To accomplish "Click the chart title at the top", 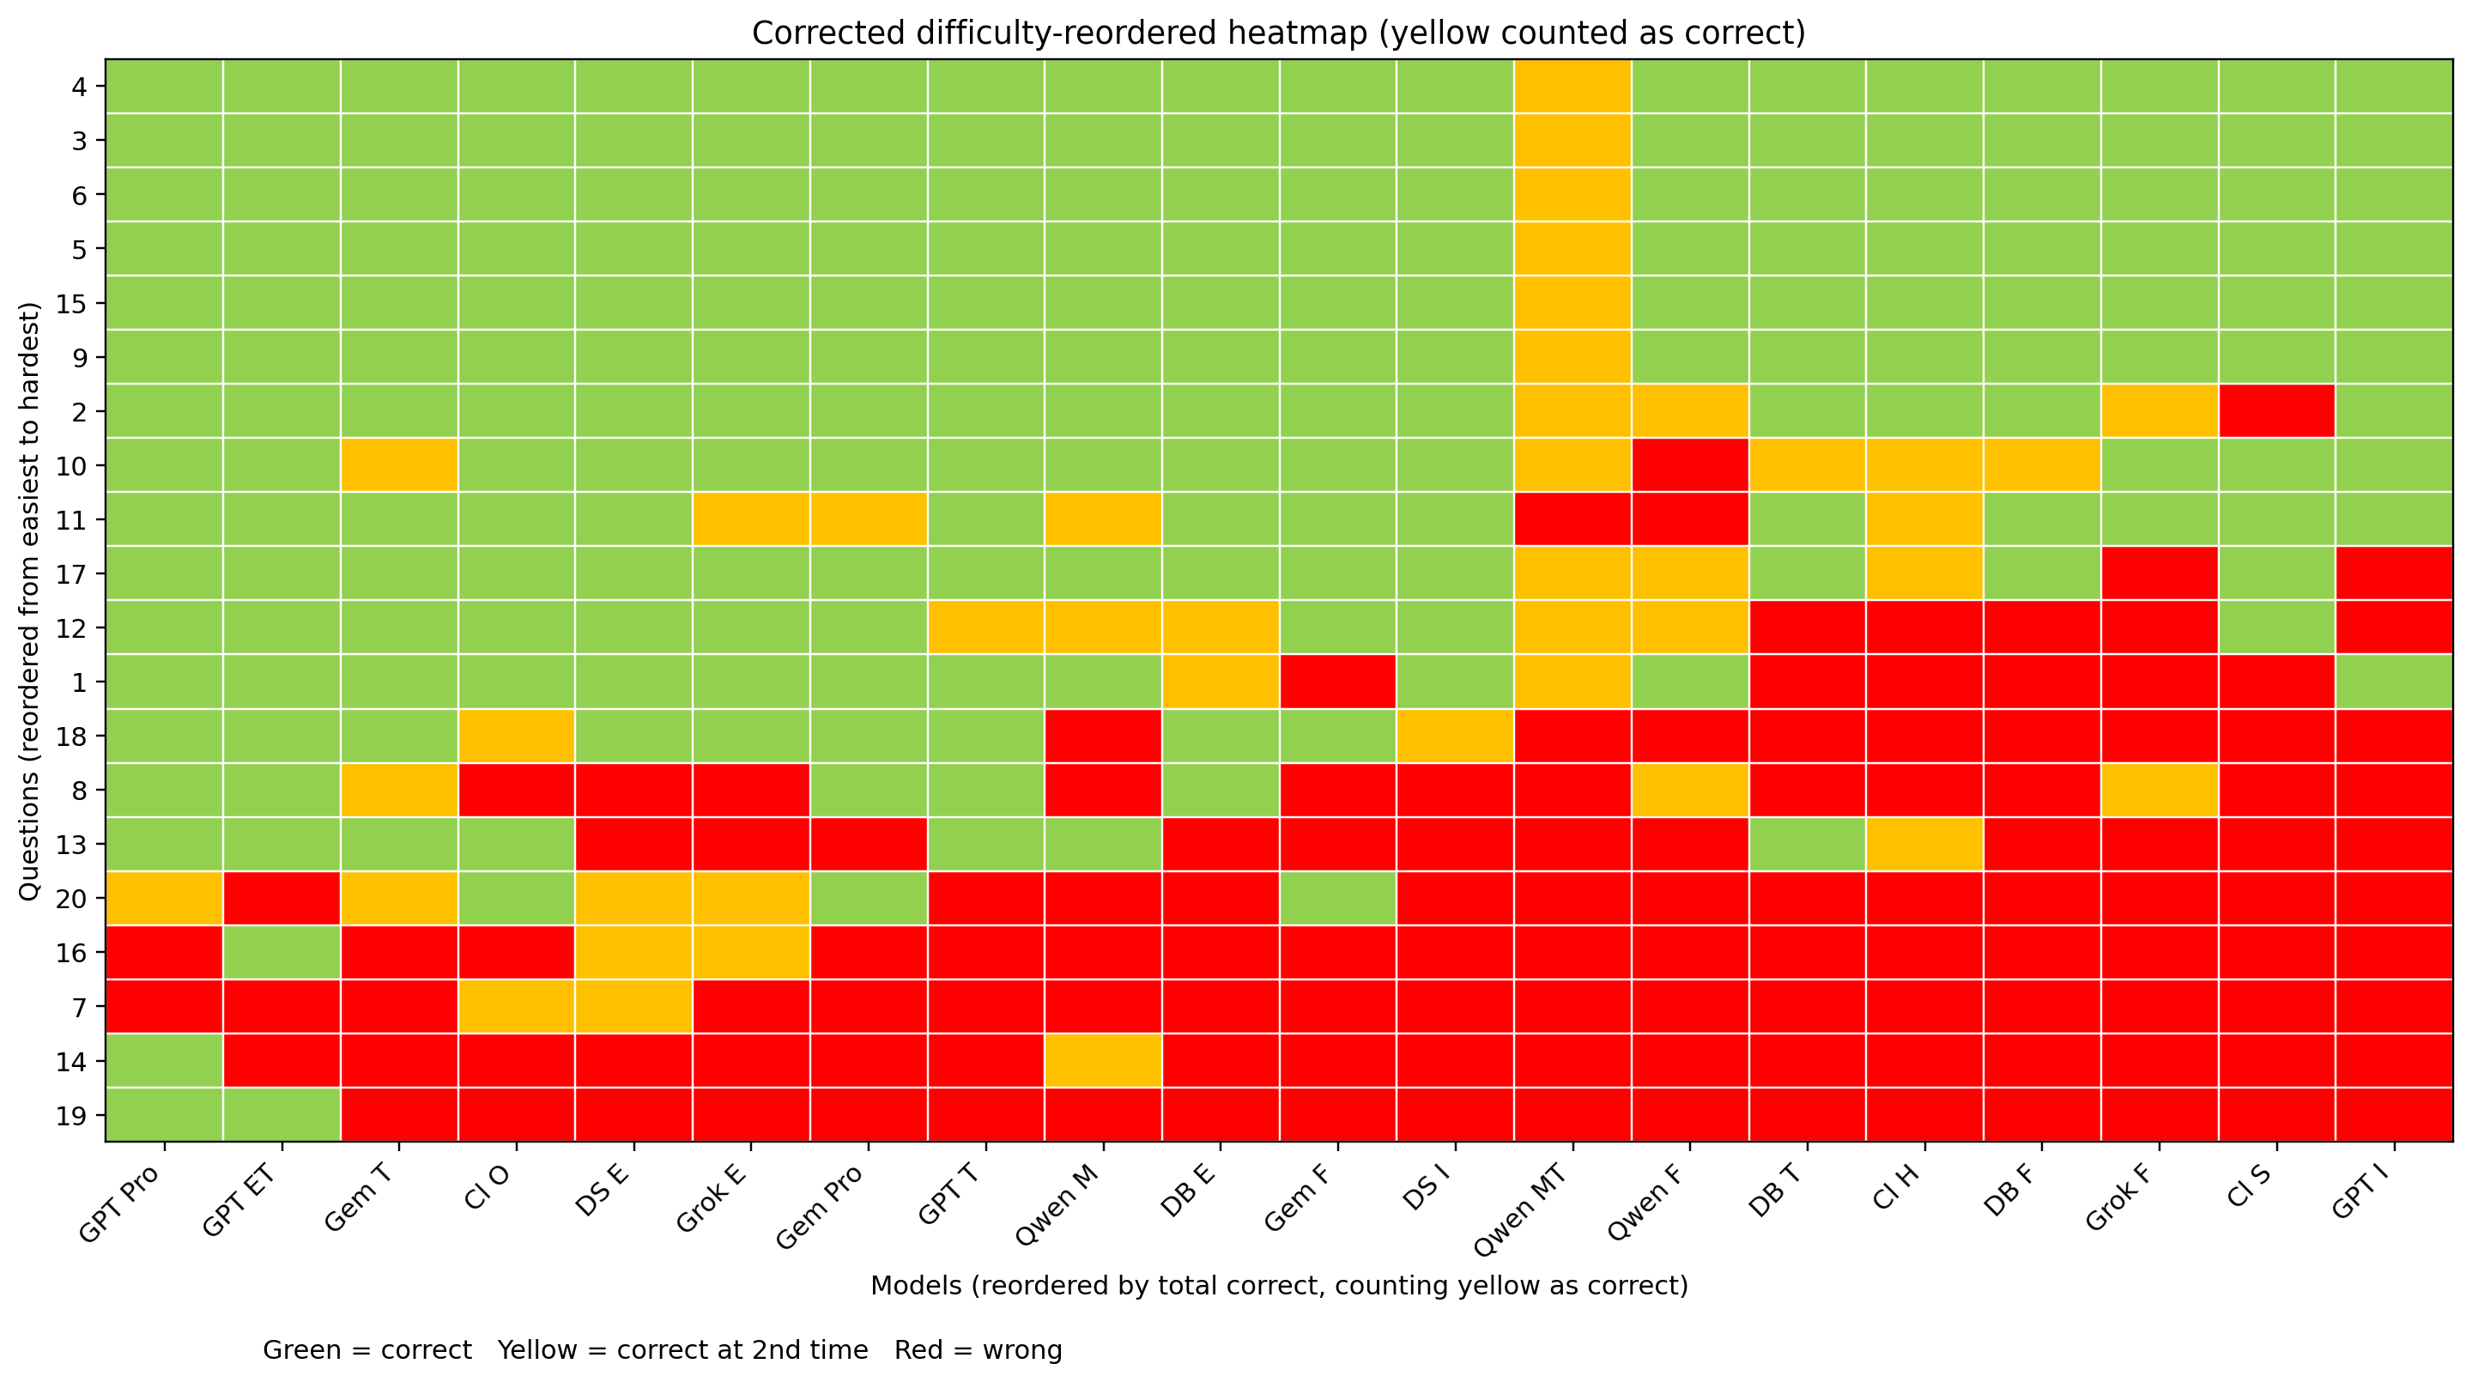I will pyautogui.click(x=1278, y=33).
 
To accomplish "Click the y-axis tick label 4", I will pyautogui.click(x=81, y=88).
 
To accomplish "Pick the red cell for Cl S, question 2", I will pyautogui.click(x=2276, y=412).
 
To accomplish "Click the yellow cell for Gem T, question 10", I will pyautogui.click(x=399, y=465).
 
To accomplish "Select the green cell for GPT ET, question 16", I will pyautogui.click(x=282, y=953).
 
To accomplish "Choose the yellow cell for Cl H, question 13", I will pyautogui.click(x=1925, y=845).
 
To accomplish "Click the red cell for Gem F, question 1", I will pyautogui.click(x=1338, y=682).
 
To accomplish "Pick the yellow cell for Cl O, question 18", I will pyautogui.click(x=516, y=736).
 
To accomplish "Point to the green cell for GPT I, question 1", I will pyautogui.click(x=2394, y=682).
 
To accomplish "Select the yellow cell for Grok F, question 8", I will pyautogui.click(x=2160, y=791).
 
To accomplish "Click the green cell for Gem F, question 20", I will pyautogui.click(x=1338, y=898).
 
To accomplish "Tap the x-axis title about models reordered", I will pyautogui.click(x=1278, y=1286).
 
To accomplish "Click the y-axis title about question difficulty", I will pyautogui.click(x=30, y=601).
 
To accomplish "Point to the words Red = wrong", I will pyautogui.click(x=978, y=1350).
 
